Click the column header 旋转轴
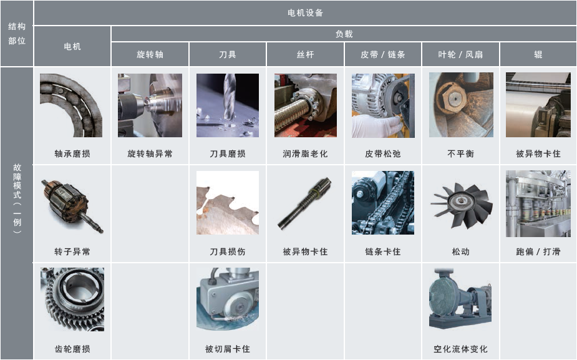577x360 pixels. pyautogui.click(x=150, y=54)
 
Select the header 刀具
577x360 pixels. pyautogui.click(x=228, y=54)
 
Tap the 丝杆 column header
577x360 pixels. pyautogui.click(x=306, y=54)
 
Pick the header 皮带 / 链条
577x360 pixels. pyautogui.click(x=383, y=54)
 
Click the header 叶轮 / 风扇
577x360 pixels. pyautogui.click(x=460, y=54)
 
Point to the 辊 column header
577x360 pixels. pyautogui.click(x=538, y=54)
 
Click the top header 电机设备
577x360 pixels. pyautogui.click(x=306, y=13)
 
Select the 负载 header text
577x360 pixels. pyautogui.click(x=344, y=34)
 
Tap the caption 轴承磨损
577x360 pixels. pyautogui.click(x=72, y=153)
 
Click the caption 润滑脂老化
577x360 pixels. pyautogui.click(x=305, y=153)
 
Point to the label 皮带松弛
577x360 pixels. pyautogui.click(x=383, y=153)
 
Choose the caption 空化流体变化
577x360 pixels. pyautogui.click(x=460, y=349)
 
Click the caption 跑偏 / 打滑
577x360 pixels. pyautogui.click(x=538, y=251)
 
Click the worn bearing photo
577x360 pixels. pyautogui.click(x=71, y=105)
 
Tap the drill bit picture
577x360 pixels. pyautogui.click(x=228, y=105)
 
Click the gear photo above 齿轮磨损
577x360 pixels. pyautogui.click(x=72, y=299)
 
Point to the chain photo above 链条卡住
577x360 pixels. pyautogui.click(x=383, y=202)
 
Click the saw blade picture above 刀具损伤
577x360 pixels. pyautogui.click(x=228, y=202)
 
